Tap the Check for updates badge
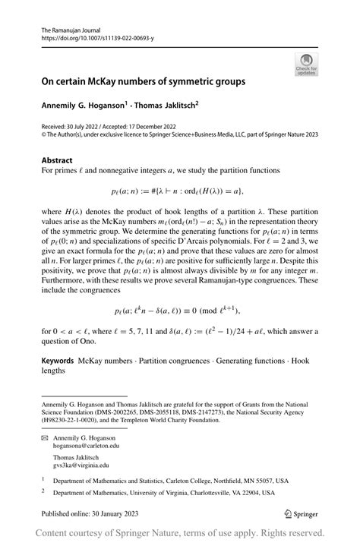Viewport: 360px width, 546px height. point(306,64)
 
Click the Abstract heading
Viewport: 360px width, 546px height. point(57,160)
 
